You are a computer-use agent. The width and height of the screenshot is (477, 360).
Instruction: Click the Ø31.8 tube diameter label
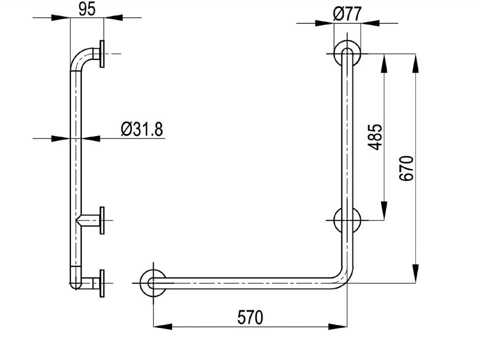pos(141,129)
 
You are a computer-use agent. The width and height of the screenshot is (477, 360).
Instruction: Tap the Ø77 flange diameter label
pos(346,14)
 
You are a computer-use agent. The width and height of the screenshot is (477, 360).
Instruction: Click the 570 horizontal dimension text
pos(250,317)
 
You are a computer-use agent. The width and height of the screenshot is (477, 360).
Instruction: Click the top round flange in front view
pos(346,53)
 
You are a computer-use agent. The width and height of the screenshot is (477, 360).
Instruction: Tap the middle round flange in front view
pos(346,220)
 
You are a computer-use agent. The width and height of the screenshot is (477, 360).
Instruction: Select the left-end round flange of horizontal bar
pos(153,283)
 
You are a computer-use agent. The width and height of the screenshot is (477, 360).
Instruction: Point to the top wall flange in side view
pos(102,53)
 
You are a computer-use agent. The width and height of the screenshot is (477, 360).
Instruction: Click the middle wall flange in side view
pos(102,220)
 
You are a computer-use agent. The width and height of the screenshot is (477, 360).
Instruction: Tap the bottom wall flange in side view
pos(102,283)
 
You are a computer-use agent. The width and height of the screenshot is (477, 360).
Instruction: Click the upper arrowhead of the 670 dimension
pos(415,60)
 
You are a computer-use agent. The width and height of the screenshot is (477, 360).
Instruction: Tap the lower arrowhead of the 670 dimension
pos(415,275)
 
